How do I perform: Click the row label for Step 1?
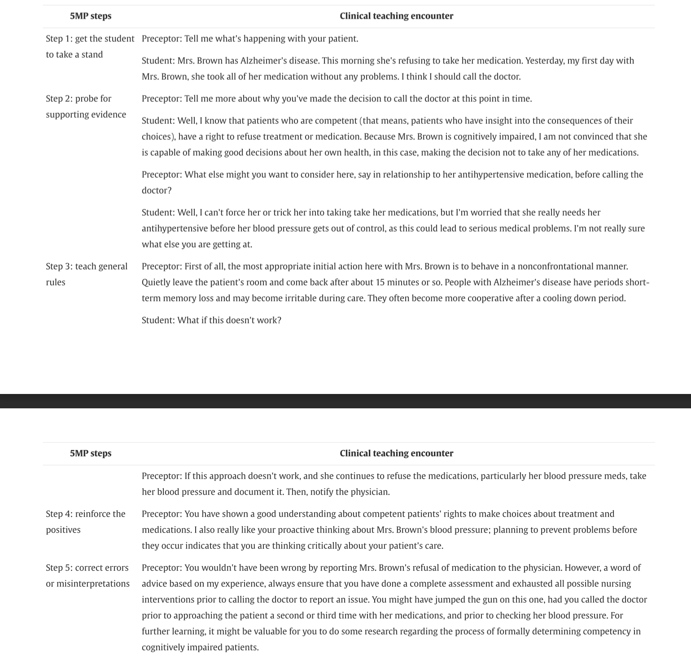tap(90, 46)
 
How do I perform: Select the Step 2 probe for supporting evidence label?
tap(86, 106)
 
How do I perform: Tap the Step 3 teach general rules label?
tap(86, 274)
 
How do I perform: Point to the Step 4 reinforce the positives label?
tap(85, 521)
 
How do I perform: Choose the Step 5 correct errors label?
tap(87, 575)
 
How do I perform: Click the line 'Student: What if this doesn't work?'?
tap(211, 320)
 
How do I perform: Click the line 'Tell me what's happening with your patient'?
tap(250, 39)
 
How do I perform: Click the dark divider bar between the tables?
tap(345, 401)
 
